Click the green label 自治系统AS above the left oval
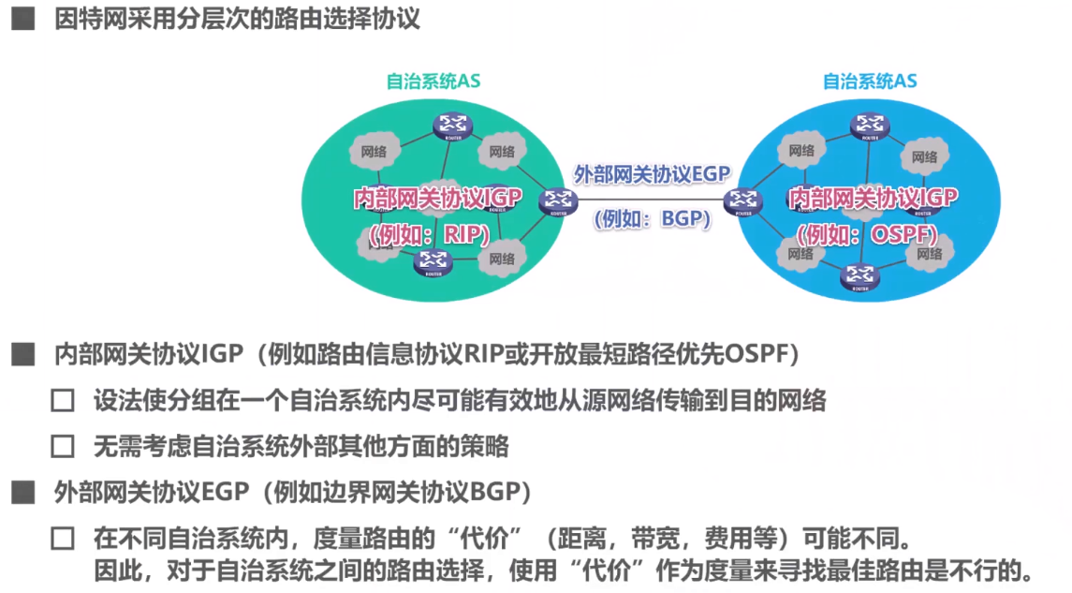coord(433,81)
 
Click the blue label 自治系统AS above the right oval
coord(870,81)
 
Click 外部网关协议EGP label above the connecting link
coord(652,174)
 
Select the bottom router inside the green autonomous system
coord(433,261)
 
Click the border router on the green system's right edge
coord(558,200)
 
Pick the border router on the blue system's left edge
coord(744,200)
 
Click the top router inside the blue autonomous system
coord(870,126)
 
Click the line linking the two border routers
coord(652,199)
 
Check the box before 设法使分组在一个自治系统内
coord(63,402)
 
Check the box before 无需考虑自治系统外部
coord(63,446)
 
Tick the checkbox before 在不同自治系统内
coord(63,539)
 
